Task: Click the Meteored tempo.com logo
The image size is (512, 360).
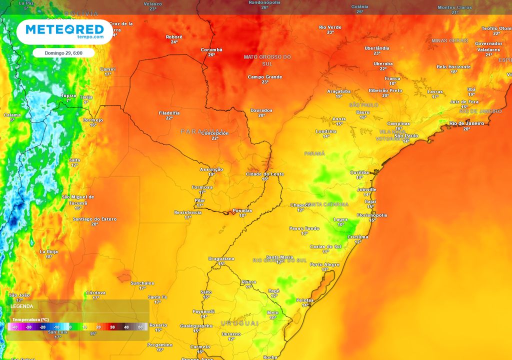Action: tap(64, 31)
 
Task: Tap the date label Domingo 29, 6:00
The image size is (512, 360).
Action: tap(63, 52)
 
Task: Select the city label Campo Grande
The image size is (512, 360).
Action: tap(265, 77)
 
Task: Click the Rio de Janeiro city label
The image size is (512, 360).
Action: tap(466, 123)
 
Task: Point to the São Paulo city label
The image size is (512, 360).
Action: tap(406, 135)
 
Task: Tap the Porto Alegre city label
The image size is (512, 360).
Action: tap(325, 264)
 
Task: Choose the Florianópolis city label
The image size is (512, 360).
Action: tap(372, 215)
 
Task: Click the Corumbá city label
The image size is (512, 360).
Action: tap(211, 49)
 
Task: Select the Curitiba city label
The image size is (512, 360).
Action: tap(359, 172)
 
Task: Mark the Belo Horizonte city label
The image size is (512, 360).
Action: tap(453, 66)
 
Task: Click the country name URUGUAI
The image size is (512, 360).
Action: tap(239, 323)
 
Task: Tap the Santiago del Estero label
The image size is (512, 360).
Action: tap(94, 219)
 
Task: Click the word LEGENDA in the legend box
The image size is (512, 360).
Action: tap(22, 306)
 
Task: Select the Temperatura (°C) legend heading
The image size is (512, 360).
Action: tap(30, 319)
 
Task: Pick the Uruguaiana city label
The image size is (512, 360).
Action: tap(221, 258)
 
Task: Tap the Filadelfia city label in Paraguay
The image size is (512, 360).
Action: tap(169, 112)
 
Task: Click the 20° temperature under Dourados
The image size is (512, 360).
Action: tap(261, 115)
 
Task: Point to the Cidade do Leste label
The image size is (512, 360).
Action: tap(265, 173)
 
